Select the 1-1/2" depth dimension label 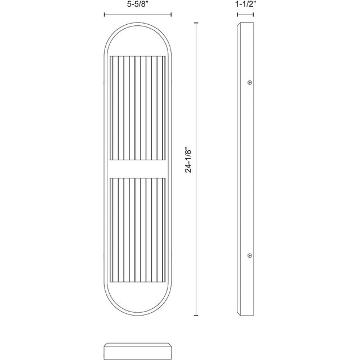tap(245, 5)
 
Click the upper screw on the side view tap(250, 83)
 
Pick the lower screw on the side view tap(250, 255)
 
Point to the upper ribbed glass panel tap(138, 108)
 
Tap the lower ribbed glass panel tap(138, 230)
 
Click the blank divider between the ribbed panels tap(138, 169)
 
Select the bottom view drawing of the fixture tap(138, 351)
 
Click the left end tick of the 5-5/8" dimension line tap(105, 15)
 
